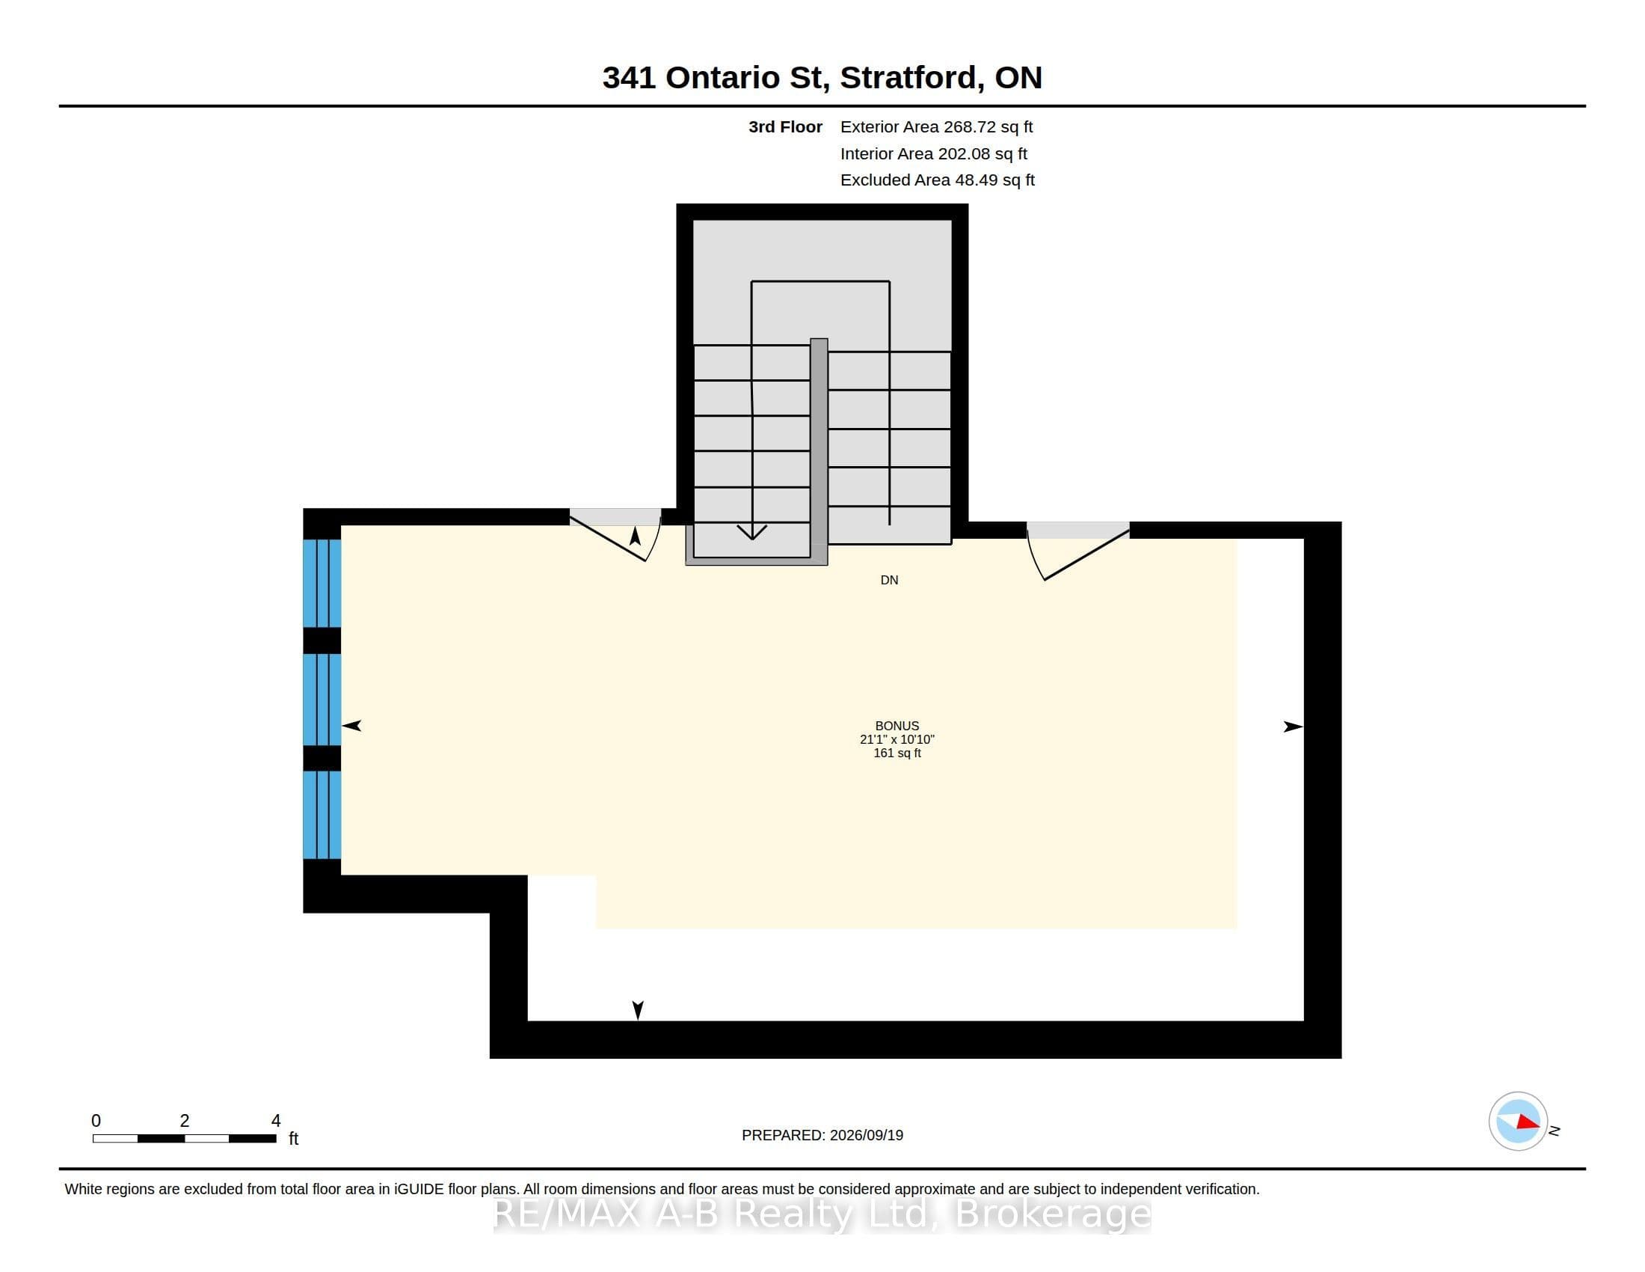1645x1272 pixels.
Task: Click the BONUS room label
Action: click(x=897, y=726)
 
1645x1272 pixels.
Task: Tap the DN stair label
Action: click(x=889, y=579)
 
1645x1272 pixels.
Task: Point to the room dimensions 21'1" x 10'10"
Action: click(x=897, y=739)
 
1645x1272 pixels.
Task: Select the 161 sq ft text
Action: click(x=897, y=753)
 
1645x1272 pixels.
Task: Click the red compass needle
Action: click(x=1528, y=1122)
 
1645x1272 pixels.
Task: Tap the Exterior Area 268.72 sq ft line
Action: click(x=936, y=126)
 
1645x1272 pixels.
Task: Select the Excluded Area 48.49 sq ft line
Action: click(x=937, y=180)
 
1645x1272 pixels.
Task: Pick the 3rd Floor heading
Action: click(x=785, y=126)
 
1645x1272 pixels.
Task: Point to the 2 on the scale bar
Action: click(x=185, y=1121)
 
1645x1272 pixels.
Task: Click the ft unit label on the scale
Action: click(x=294, y=1139)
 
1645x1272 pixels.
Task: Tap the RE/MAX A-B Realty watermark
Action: click(x=822, y=1213)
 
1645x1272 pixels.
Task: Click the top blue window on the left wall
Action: click(x=322, y=584)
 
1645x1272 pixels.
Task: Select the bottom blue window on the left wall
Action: click(x=322, y=815)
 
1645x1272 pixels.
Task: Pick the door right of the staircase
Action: click(x=1077, y=550)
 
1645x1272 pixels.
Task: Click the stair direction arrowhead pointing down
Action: click(x=751, y=532)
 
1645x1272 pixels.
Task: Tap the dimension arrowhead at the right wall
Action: click(x=1294, y=727)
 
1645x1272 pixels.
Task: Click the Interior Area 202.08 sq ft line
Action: click(x=933, y=153)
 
